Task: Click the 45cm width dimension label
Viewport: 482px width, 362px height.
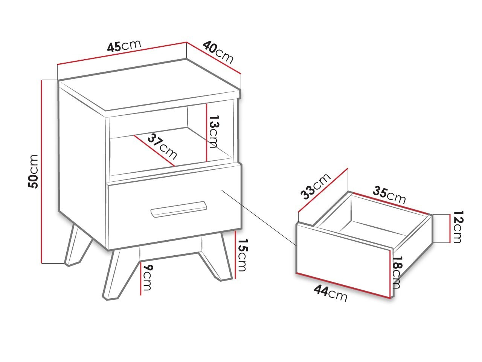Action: click(x=124, y=46)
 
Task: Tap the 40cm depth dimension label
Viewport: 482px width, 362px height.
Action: click(x=218, y=52)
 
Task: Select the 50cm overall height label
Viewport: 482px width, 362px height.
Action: click(x=34, y=171)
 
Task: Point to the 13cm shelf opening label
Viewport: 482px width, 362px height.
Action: click(x=213, y=132)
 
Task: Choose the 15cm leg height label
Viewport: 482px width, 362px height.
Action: click(x=241, y=255)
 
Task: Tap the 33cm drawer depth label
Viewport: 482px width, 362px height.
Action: click(x=315, y=186)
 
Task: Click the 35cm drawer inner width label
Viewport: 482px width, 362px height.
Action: click(x=389, y=195)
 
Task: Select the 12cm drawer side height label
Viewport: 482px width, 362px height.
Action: click(x=457, y=227)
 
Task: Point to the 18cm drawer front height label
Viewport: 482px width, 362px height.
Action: click(x=397, y=272)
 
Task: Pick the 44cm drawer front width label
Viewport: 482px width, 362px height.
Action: click(x=331, y=293)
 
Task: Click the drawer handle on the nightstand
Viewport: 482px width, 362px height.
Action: click(x=179, y=209)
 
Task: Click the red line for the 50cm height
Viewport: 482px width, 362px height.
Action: click(x=41, y=172)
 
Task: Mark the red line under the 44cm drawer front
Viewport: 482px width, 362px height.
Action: click(x=343, y=285)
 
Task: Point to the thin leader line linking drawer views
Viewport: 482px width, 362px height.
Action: click(x=259, y=218)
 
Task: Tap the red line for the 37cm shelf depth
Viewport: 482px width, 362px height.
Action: click(x=154, y=151)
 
